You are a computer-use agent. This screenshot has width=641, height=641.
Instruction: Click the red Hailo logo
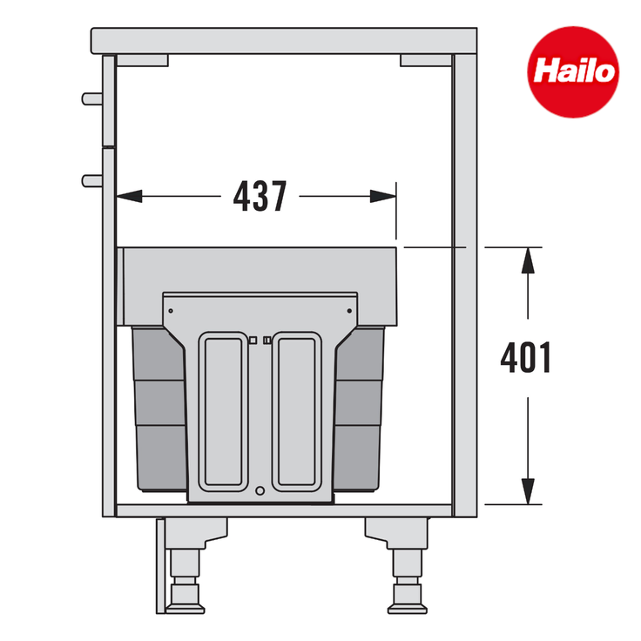coord(573,72)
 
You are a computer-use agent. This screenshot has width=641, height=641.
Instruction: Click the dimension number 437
coord(260,197)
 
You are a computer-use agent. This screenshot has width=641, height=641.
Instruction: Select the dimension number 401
coord(526,358)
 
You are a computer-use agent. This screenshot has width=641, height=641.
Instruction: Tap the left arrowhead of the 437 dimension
coord(129,196)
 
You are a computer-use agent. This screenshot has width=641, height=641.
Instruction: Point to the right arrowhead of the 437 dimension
coord(383,196)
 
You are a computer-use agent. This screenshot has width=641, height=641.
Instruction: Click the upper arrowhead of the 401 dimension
coord(528,260)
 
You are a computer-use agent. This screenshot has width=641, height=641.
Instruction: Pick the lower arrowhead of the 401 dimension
coord(528,492)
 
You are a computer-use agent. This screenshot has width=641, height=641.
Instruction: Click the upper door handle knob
coord(92,99)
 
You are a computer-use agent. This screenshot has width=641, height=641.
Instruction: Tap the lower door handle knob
coord(92,180)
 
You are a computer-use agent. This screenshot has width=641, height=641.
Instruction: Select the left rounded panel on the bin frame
coord(223,411)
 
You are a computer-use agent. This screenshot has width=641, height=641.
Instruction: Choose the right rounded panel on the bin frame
coord(296,411)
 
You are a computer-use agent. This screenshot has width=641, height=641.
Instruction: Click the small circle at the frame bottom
coord(260,491)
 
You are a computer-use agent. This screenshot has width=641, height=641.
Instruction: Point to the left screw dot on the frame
coord(171,311)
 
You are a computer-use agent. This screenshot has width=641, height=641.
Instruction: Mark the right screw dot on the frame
coord(349,311)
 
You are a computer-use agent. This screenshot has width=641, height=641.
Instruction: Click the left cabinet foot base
coord(186,610)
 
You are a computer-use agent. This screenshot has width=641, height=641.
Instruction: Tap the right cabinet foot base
coord(408,610)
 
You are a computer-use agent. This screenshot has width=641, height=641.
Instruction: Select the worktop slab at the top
coord(284,40)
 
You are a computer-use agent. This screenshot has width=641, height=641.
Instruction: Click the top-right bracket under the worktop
coord(426,60)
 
